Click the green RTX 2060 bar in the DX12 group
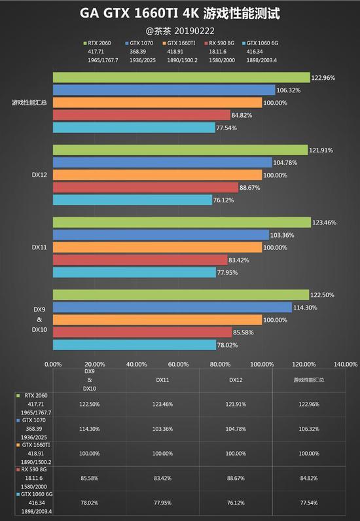click(x=181, y=150)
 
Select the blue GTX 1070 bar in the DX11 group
click(x=161, y=235)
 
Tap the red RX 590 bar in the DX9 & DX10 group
click(x=143, y=332)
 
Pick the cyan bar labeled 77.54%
click(x=134, y=128)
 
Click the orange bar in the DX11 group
click(x=158, y=247)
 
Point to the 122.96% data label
click(x=323, y=78)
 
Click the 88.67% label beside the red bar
click(x=250, y=188)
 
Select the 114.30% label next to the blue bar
click(x=305, y=308)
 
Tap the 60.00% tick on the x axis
click(x=179, y=364)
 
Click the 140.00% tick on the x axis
click(x=346, y=364)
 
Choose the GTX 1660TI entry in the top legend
click(x=179, y=43)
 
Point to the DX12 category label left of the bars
click(x=39, y=175)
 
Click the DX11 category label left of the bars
click(x=39, y=247)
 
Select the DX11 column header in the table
click(x=162, y=380)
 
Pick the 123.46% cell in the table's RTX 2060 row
click(x=162, y=404)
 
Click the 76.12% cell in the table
click(x=236, y=503)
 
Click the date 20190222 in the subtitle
click(x=194, y=31)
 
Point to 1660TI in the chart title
click(x=156, y=13)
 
